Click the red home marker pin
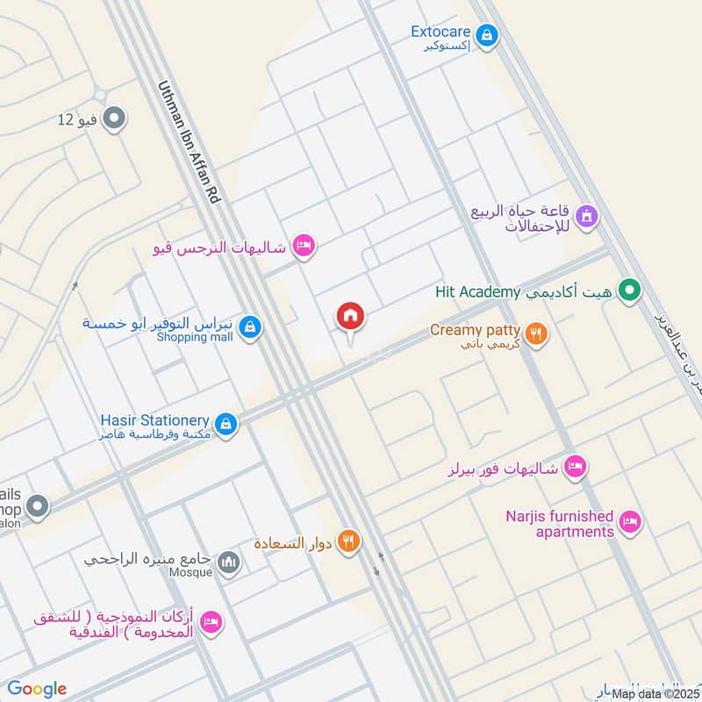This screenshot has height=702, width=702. pyautogui.click(x=350, y=317)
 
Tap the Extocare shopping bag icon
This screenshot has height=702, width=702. pyautogui.click(x=488, y=36)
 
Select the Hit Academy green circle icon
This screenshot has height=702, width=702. pyautogui.click(x=628, y=290)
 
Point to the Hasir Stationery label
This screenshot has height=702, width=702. pyautogui.click(x=159, y=420)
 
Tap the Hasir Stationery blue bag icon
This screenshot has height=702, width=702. pyautogui.click(x=227, y=425)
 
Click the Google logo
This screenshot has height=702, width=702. pyautogui.click(x=37, y=689)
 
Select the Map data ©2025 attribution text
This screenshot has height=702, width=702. pyautogui.click(x=655, y=693)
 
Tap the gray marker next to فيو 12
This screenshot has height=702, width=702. pyautogui.click(x=113, y=118)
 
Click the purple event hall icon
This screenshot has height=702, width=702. pyautogui.click(x=586, y=215)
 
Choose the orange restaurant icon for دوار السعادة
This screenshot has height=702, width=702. pyautogui.click(x=349, y=541)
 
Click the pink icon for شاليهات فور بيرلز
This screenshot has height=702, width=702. pyautogui.click(x=575, y=466)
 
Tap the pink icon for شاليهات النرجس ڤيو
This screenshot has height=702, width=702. pyautogui.click(x=304, y=247)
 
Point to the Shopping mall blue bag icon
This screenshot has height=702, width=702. pyautogui.click(x=251, y=327)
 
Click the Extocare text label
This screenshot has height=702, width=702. pyautogui.click(x=441, y=32)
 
